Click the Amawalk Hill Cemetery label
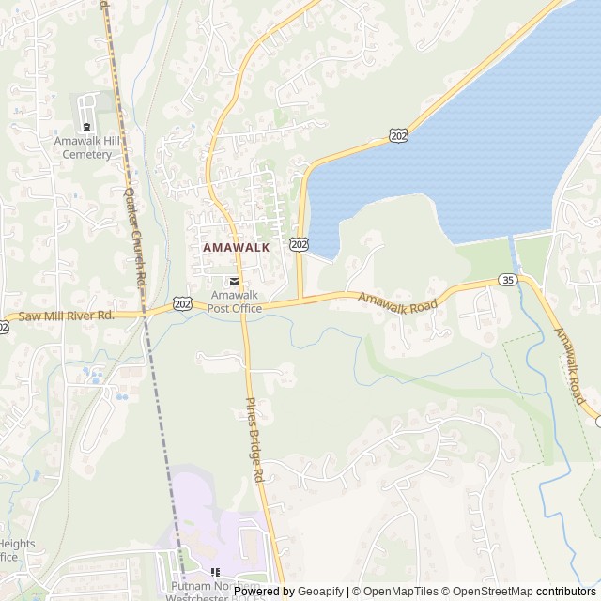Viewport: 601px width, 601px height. point(87,147)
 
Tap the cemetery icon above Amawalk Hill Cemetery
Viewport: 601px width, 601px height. point(87,127)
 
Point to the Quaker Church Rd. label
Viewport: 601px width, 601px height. point(135,236)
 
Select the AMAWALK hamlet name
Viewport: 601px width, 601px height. point(236,247)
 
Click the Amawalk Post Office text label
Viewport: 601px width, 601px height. point(235,300)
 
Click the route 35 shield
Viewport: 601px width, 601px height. point(507,280)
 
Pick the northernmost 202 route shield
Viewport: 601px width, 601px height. point(399,136)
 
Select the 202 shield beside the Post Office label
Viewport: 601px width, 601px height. point(183,305)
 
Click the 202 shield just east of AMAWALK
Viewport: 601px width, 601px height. point(299,244)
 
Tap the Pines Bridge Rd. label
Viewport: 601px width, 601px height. point(256,440)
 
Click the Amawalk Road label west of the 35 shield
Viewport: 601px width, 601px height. point(399,301)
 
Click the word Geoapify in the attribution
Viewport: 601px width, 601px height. point(322,592)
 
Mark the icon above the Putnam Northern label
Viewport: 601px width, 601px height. point(214,572)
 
